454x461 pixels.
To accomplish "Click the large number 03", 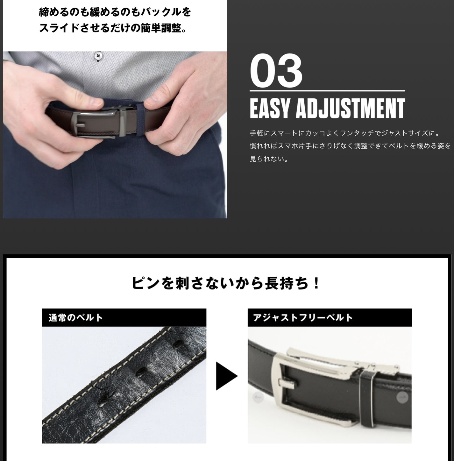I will (x=276, y=71).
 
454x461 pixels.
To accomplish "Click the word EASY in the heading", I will (x=270, y=108).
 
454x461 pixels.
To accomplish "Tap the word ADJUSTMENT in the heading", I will (x=350, y=108).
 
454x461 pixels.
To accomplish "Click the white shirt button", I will (x=99, y=56).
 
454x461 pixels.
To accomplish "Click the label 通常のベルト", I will (x=76, y=317).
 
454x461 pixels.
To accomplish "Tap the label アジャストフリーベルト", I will (x=303, y=317).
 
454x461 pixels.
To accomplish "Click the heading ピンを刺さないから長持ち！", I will (x=226, y=283).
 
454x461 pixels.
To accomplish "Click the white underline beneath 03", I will (x=327, y=91).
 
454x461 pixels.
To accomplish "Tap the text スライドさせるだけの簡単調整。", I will (x=113, y=28).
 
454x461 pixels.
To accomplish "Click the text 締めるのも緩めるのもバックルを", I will (x=115, y=12).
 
